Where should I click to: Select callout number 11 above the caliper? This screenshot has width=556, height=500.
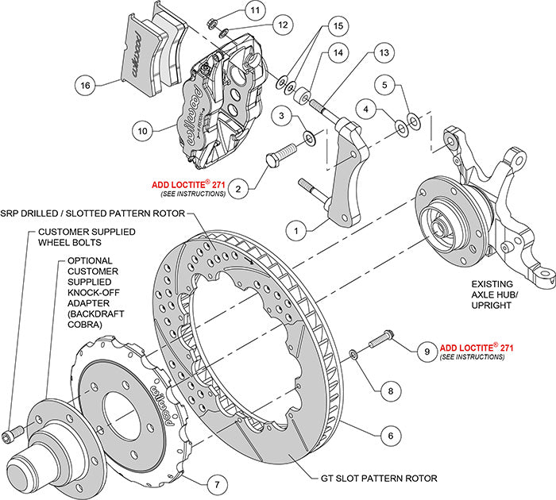[x=232, y=11]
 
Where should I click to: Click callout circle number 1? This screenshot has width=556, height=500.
[x=295, y=231]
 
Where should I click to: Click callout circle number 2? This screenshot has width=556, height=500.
[x=237, y=188]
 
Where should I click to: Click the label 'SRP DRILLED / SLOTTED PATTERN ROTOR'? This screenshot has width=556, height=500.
[x=92, y=214]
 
